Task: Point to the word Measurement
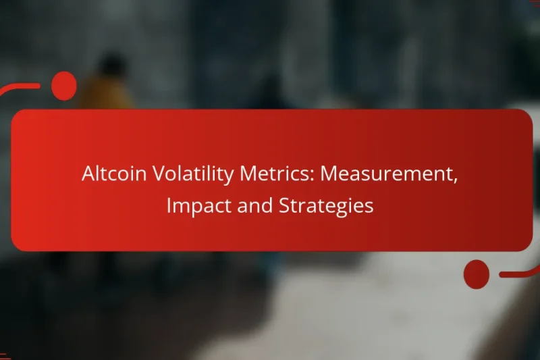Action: click(x=386, y=174)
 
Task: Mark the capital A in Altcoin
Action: click(x=88, y=174)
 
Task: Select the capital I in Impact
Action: click(x=169, y=205)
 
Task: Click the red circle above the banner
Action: click(x=64, y=86)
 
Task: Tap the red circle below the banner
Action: click(x=477, y=274)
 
